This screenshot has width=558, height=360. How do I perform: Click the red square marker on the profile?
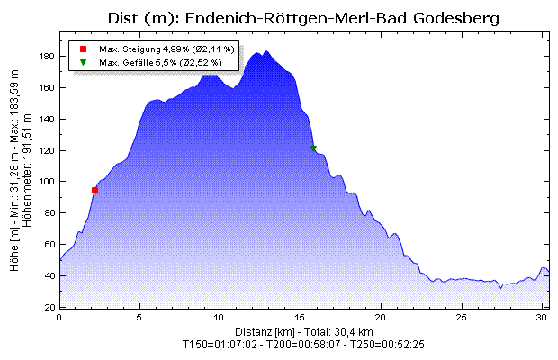94,191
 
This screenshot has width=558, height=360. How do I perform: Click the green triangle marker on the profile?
313,148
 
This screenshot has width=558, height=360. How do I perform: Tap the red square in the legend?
83,49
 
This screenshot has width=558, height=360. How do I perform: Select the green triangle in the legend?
83,62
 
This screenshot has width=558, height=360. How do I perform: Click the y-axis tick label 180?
48,56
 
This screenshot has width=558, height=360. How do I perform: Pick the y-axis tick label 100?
48,182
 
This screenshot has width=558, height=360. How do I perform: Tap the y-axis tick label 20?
50,308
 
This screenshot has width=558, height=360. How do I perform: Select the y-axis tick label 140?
48,119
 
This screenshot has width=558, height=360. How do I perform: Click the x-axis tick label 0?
59,318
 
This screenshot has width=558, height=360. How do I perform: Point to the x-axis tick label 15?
301,318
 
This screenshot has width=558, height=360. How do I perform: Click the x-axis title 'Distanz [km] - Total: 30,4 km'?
301,331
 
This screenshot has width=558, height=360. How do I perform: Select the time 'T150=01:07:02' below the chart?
220,344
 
